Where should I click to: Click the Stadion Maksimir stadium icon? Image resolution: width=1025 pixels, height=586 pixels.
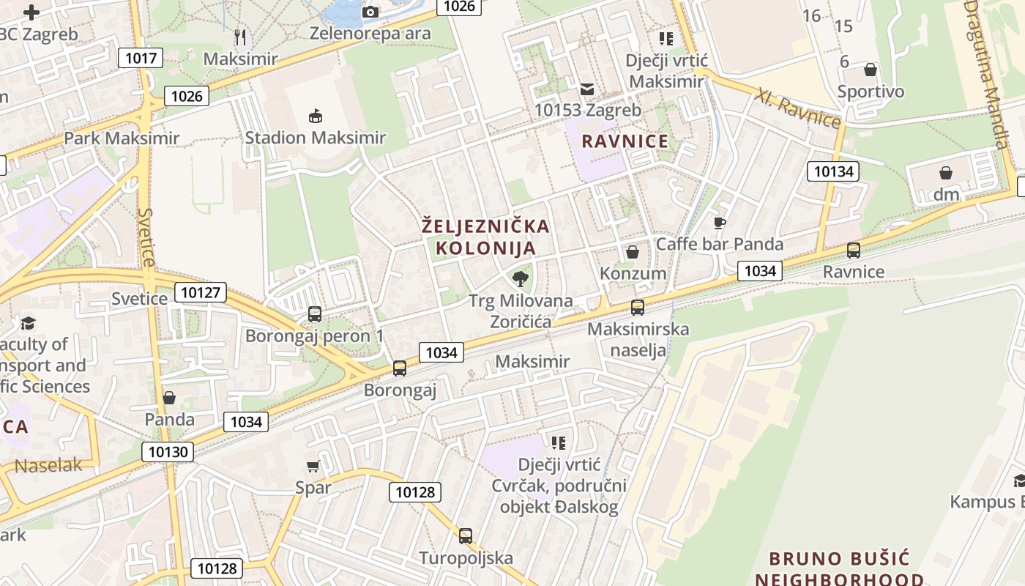[x=316, y=116]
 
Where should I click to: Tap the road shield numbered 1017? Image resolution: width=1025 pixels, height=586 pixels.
[x=140, y=57]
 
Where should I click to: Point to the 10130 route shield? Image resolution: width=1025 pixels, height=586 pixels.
[x=168, y=452]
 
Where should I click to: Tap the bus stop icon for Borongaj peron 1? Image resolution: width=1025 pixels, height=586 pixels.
[x=315, y=314]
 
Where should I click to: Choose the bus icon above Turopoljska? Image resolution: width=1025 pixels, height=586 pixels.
[x=466, y=535]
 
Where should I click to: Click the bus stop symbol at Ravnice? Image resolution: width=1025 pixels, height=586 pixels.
[x=853, y=251]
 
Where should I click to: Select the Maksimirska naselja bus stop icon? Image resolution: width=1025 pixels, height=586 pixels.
[x=638, y=308]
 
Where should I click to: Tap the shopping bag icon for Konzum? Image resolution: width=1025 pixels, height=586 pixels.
[x=633, y=252]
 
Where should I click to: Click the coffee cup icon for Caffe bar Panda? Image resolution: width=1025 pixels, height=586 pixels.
[x=719, y=223]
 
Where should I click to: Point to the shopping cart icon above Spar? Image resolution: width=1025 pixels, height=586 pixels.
[x=313, y=466]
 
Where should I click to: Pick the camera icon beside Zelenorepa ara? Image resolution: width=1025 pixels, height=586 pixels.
[x=370, y=12]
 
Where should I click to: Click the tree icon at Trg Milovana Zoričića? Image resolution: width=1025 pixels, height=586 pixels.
[x=521, y=278]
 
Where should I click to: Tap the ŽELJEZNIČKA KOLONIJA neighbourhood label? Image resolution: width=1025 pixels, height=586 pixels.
[x=485, y=237]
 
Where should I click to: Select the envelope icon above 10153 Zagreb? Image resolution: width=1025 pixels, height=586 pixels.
[x=587, y=89]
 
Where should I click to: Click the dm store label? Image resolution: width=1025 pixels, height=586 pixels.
[x=946, y=195]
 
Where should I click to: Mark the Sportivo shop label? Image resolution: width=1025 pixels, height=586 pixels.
[x=871, y=92]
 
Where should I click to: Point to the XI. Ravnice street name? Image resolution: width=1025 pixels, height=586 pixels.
[x=799, y=108]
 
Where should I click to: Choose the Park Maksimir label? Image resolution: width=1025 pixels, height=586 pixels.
[x=122, y=138]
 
